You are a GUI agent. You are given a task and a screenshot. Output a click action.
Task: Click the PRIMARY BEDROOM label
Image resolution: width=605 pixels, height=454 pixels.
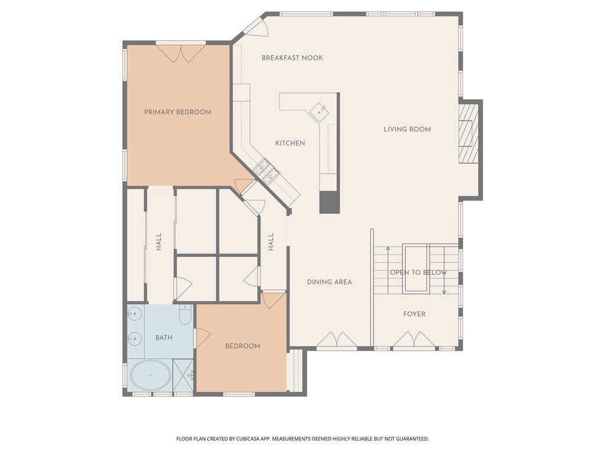click(178, 112)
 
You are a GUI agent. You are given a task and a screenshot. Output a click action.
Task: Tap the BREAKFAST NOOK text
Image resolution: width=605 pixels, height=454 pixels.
click(292, 58)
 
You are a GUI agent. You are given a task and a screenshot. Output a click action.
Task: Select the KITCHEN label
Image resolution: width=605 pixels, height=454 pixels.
click(290, 143)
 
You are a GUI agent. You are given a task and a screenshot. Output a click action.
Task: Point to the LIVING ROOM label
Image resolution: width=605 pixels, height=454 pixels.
click(407, 129)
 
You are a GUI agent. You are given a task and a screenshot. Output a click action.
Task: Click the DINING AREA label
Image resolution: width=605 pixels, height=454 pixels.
click(330, 282)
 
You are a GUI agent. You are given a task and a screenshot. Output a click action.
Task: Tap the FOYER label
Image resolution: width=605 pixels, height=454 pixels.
click(414, 314)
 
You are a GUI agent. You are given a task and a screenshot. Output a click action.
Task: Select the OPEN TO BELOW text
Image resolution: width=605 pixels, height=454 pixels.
click(418, 273)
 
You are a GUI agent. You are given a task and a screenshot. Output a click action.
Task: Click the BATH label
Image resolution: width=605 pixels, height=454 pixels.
click(164, 338)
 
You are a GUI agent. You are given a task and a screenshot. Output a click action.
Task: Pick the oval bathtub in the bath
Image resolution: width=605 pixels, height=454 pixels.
click(151, 375)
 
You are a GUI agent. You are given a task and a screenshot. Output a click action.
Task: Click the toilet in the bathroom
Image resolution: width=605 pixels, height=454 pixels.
click(186, 314)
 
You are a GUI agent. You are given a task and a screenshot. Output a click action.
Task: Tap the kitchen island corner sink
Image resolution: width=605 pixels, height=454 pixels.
click(320, 112)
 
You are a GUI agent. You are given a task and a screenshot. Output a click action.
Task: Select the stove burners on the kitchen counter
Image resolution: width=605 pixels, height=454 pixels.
click(265, 171)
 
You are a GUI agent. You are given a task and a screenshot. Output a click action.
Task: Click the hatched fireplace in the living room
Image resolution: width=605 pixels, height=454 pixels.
click(469, 134)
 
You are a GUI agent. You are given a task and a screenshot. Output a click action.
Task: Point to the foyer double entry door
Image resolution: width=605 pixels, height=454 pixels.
click(414, 339)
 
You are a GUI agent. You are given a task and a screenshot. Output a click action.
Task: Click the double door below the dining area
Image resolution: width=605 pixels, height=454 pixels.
click(336, 339)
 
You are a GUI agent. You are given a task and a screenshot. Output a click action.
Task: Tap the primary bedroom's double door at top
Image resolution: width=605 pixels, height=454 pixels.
click(181, 54)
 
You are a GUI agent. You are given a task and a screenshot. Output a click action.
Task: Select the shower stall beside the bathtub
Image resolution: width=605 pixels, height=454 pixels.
click(183, 375)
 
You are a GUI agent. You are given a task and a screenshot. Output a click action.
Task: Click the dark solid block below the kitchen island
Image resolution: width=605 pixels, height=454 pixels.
click(330, 202)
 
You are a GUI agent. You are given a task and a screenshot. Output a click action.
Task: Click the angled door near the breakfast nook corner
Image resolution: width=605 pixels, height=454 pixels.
click(255, 26)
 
